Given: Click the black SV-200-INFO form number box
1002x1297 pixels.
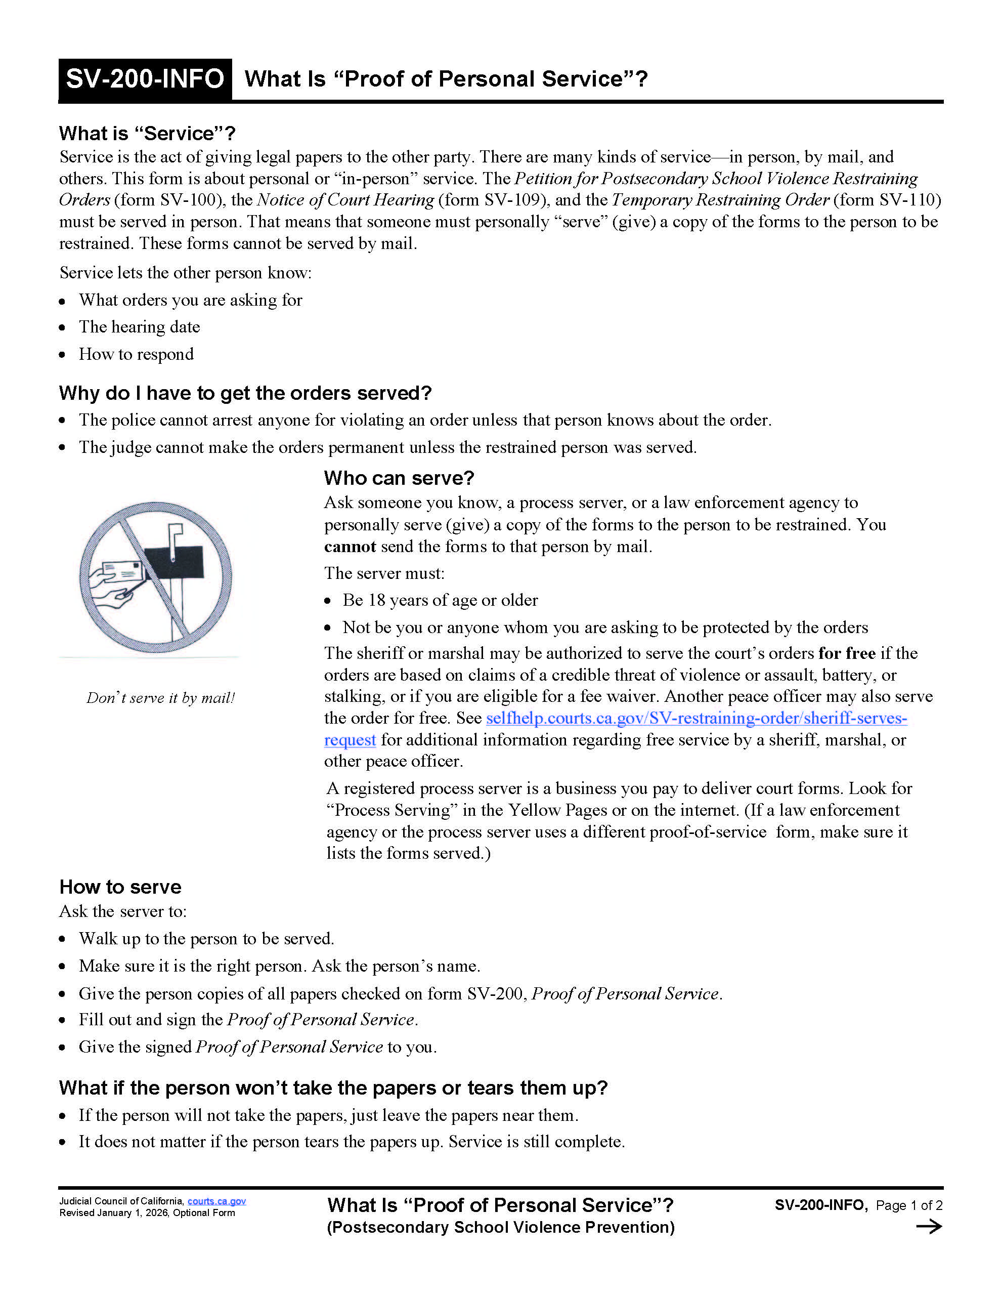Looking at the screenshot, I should coord(145,79).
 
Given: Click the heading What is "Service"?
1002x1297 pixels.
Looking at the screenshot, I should coord(147,134).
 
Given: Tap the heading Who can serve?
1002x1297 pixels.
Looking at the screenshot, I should coord(399,478).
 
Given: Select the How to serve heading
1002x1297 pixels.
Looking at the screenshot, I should coord(120,887).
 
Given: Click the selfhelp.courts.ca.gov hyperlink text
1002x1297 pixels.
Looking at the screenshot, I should coord(695,718).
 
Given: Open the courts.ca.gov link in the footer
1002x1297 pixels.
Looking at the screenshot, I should coord(216,1201).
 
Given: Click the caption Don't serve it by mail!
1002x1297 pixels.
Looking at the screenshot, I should coord(161,698).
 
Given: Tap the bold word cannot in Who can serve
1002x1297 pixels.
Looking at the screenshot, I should coord(350,547).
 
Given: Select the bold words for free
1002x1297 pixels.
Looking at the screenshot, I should coord(847,653).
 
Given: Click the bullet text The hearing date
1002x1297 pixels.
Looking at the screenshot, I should coord(140,326).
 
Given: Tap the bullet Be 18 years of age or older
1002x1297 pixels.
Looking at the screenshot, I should coord(440,600).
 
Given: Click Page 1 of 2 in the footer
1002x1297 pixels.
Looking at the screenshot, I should coord(909,1205).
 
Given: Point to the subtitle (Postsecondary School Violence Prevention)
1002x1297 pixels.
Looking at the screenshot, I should coord(500,1227).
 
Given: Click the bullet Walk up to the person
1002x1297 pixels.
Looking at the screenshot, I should coord(206,938).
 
